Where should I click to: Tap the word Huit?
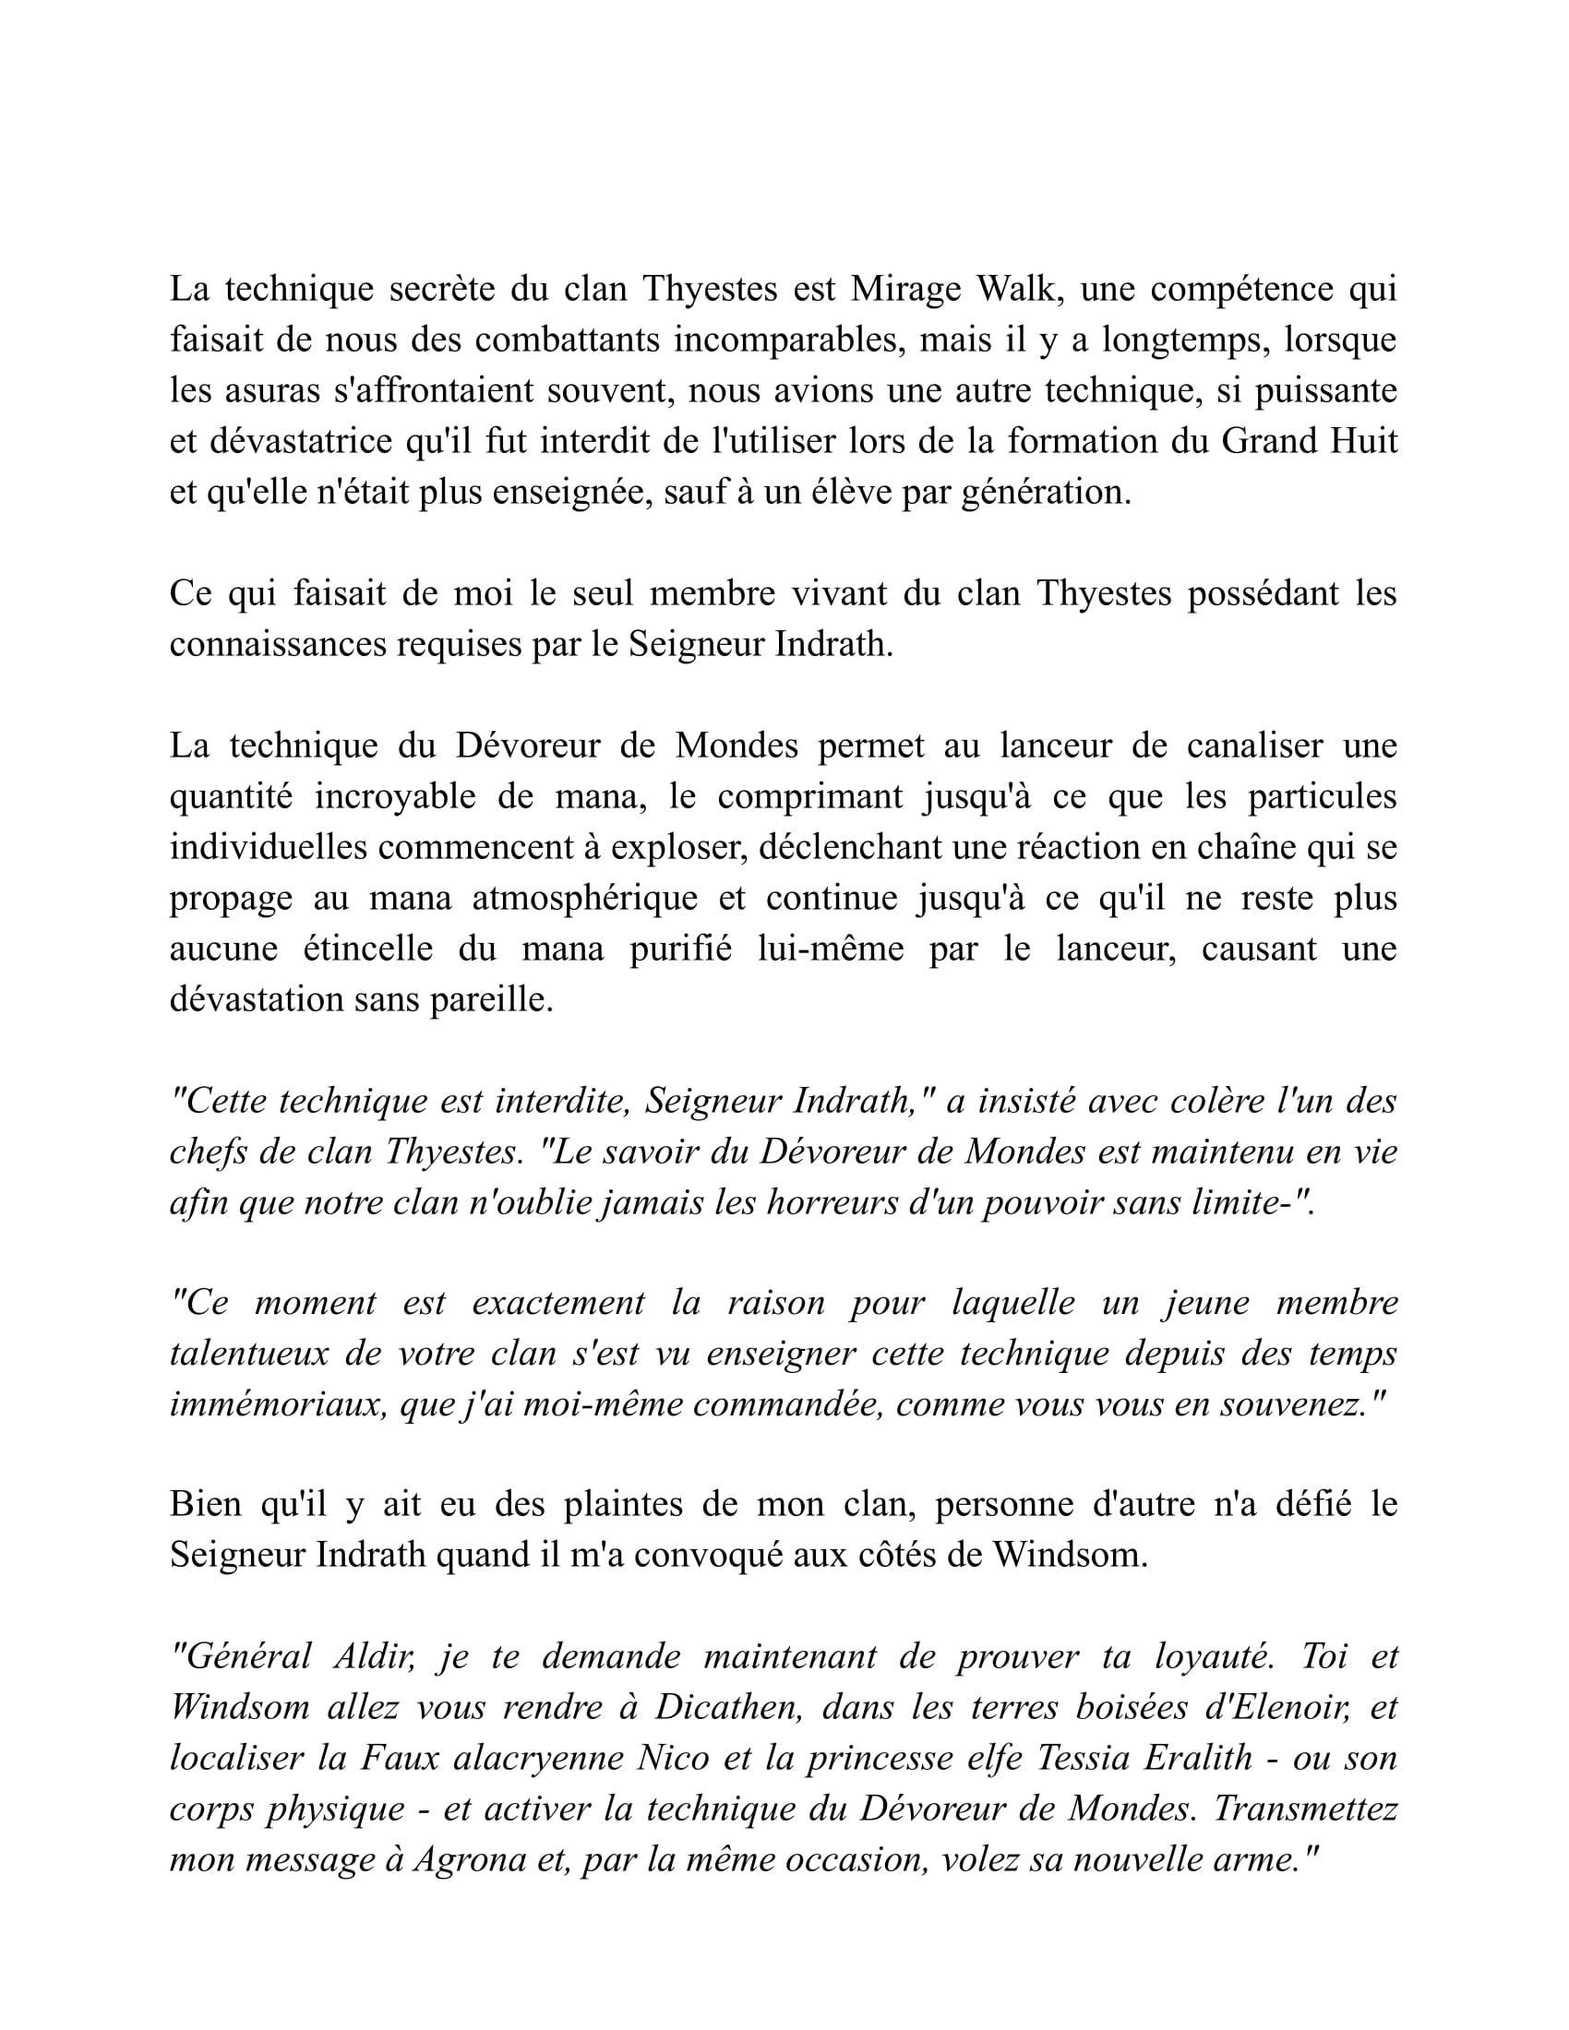1363,440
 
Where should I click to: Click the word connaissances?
279,643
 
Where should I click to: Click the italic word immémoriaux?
276,1403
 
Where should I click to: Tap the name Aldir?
374,1657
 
